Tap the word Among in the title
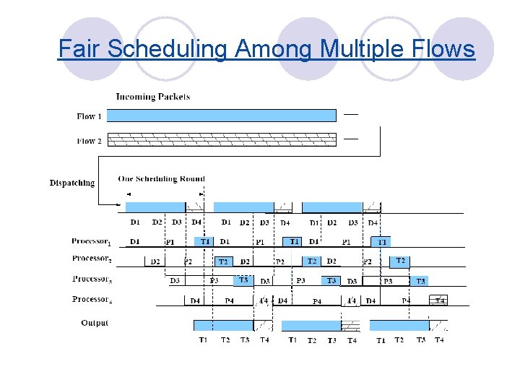click(x=278, y=49)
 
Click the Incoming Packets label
click(x=153, y=96)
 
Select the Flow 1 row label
click(x=90, y=116)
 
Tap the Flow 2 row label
click(x=90, y=141)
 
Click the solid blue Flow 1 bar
click(x=227, y=116)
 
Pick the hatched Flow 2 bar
click(x=227, y=139)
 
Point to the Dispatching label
click(x=72, y=183)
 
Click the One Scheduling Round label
click(x=161, y=178)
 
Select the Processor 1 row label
click(x=91, y=241)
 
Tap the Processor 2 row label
click(x=91, y=259)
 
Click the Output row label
click(x=95, y=323)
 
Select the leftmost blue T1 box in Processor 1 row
click(x=204, y=241)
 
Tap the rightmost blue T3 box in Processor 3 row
click(x=420, y=281)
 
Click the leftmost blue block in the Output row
click(x=222, y=326)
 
